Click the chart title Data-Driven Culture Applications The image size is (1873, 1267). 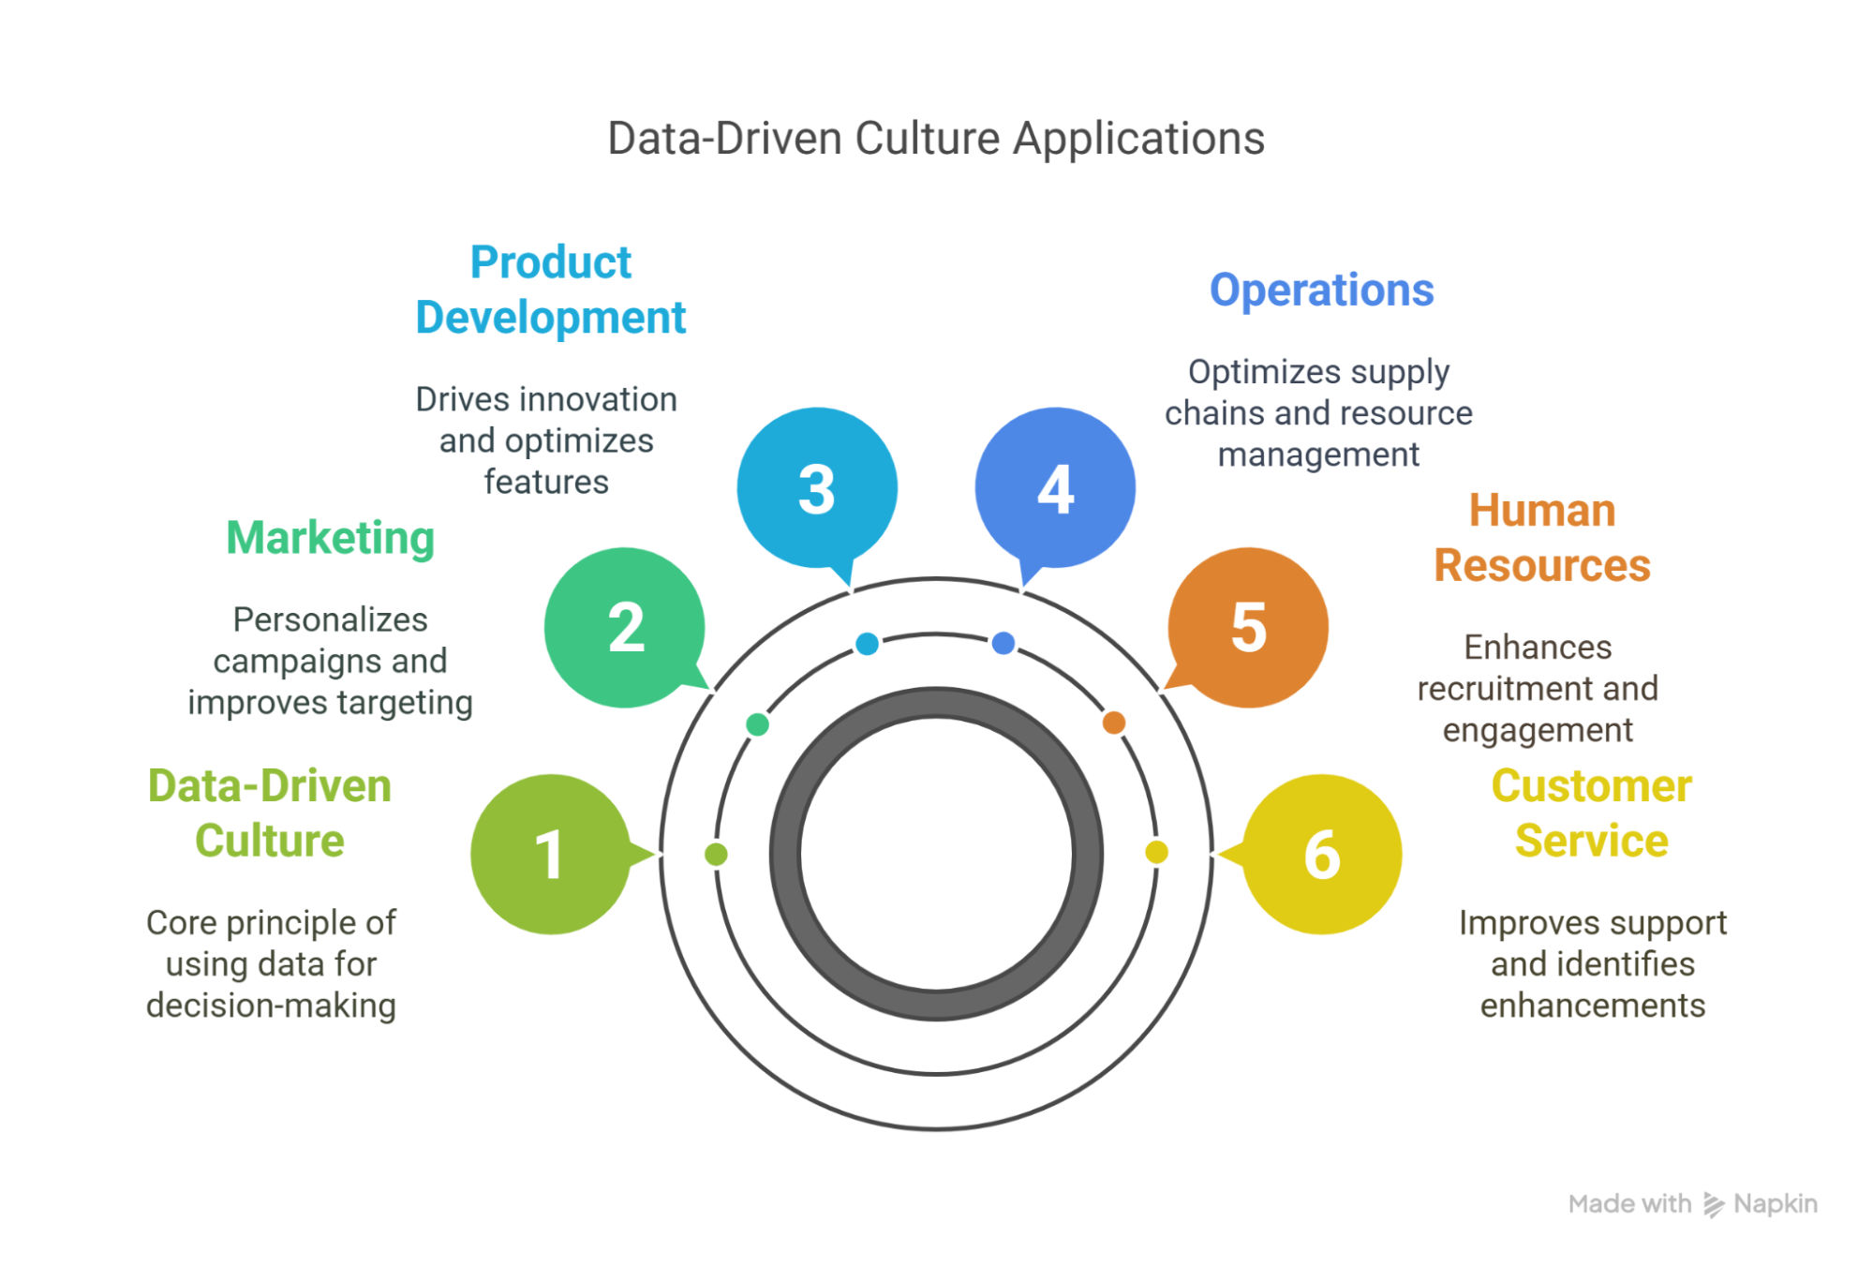pos(935,139)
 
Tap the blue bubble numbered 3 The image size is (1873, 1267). pos(817,487)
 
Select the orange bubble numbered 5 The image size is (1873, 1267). pos(1248,627)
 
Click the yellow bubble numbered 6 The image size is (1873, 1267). pos(1322,854)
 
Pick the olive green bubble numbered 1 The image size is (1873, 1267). pos(550,854)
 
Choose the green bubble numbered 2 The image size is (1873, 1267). pos(625,627)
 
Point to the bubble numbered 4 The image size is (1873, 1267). pos(1055,487)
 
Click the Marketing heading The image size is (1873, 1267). pos(331,538)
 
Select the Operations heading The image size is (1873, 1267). pos(1321,291)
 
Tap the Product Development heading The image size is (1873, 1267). pos(551,290)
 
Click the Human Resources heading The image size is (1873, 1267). pos(1541,538)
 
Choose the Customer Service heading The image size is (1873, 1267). pos(1591,812)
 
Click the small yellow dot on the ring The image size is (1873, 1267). pos(1156,852)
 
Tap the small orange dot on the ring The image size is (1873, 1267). pos(1113,723)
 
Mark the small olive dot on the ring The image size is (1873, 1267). pos(716,854)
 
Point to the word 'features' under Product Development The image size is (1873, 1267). pos(546,482)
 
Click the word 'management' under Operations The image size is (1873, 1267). pos(1318,455)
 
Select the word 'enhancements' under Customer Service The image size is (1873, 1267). pos(1592,1006)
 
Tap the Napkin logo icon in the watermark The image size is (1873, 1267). pos(1713,1204)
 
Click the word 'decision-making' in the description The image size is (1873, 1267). pos(271,1006)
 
